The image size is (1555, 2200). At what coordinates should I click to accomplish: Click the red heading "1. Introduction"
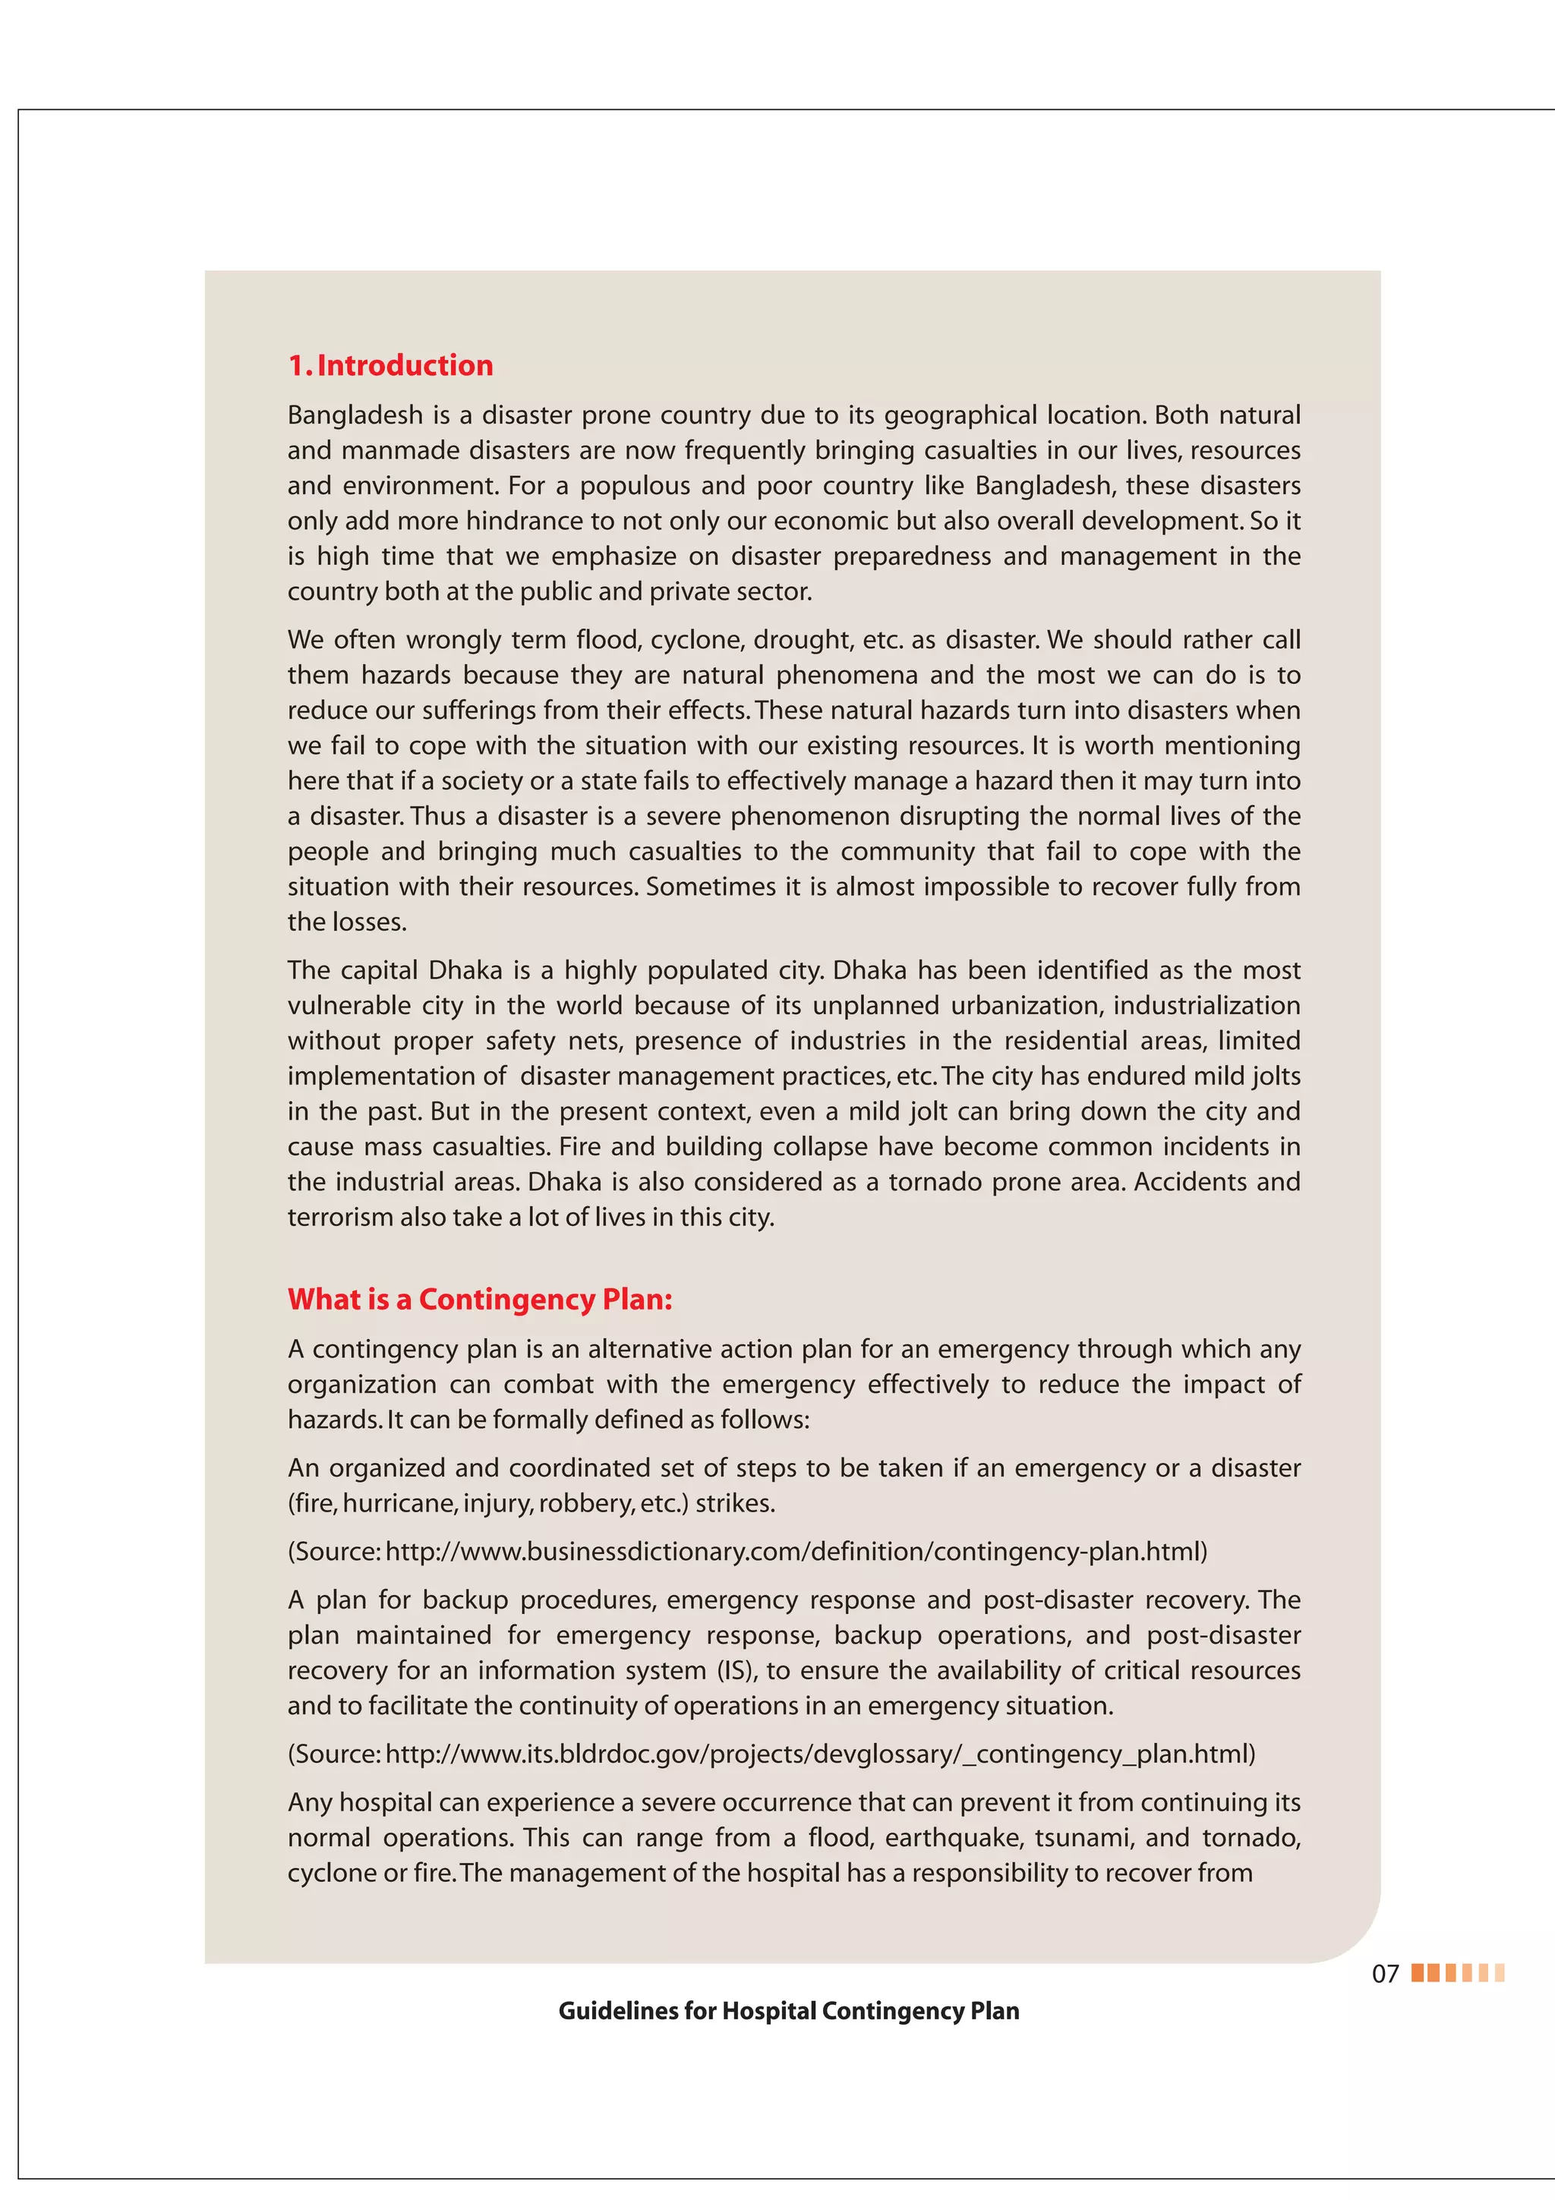pyautogui.click(x=390, y=365)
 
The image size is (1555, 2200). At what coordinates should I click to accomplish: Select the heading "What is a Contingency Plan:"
pyautogui.click(x=480, y=1300)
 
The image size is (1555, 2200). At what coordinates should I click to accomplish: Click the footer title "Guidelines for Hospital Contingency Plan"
pyautogui.click(x=789, y=2011)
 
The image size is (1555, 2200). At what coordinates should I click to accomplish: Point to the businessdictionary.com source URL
pyautogui.click(x=795, y=1551)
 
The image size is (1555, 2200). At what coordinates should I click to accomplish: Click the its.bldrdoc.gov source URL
pyautogui.click(x=819, y=1754)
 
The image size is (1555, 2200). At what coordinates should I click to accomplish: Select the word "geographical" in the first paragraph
pyautogui.click(x=960, y=415)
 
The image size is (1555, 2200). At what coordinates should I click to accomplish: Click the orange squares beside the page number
pyautogui.click(x=1457, y=1973)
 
